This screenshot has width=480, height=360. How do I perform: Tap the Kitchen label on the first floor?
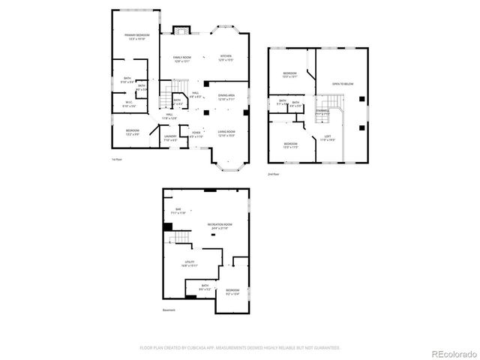226,57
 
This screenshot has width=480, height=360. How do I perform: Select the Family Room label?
183,58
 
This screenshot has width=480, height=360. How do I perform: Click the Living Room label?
226,133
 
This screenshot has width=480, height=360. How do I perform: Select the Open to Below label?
343,84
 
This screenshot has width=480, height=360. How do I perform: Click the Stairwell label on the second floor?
322,112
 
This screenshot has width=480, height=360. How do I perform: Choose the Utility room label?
189,263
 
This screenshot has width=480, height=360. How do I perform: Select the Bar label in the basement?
178,211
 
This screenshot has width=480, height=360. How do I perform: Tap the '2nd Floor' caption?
274,174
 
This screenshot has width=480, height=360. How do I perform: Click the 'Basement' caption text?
170,310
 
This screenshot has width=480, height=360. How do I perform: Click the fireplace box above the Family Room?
181,31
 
